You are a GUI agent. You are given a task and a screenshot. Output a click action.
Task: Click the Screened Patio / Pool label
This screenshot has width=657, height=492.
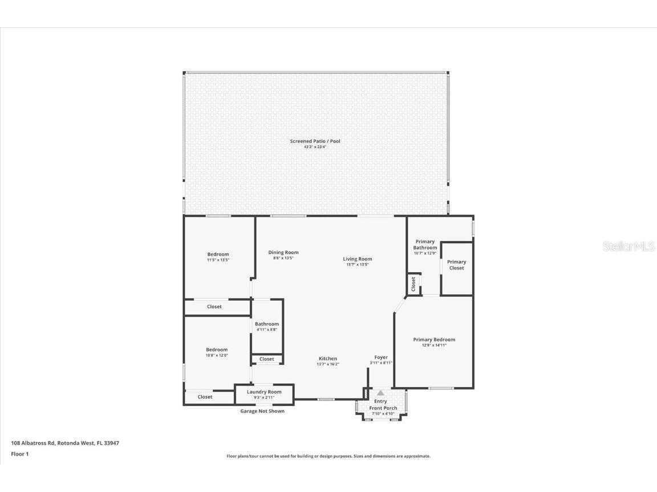[x=315, y=141]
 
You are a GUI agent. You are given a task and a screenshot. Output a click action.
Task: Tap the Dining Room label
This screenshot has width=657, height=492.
[x=283, y=252]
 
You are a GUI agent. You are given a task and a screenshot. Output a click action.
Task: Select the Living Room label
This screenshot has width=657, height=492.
[x=358, y=259]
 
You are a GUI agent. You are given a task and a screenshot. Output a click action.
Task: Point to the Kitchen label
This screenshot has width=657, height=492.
[x=328, y=359]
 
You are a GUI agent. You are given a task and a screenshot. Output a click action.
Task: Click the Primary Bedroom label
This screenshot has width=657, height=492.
[x=434, y=340]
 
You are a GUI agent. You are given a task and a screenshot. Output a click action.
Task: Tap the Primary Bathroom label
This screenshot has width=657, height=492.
[x=425, y=244]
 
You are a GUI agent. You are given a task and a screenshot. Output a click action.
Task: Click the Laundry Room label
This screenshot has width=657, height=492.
[x=264, y=392]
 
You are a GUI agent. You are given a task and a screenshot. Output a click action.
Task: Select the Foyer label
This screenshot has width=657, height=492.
[x=381, y=357]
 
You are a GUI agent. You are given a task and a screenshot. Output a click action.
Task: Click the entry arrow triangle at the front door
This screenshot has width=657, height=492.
[x=380, y=393]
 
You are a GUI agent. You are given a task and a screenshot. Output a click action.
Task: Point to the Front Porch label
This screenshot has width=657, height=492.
[x=383, y=408]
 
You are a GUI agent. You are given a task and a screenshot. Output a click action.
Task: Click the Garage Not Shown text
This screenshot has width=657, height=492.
[x=262, y=411]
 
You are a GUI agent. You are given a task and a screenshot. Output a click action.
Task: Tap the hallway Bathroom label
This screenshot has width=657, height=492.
[x=267, y=324]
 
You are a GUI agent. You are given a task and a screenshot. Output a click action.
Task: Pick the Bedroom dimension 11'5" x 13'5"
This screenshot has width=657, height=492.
[x=218, y=260]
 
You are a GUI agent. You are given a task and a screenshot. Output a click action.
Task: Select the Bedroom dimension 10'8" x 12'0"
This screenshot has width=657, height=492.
[x=217, y=355]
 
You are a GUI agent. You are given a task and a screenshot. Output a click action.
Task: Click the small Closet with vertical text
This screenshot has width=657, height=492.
[x=413, y=284]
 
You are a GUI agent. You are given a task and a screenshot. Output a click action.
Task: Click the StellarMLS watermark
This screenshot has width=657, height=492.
[x=628, y=247]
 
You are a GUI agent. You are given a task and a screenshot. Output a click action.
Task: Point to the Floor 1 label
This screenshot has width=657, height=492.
[x=20, y=454]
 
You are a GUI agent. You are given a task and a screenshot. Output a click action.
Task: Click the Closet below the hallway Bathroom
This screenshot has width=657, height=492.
[x=267, y=359]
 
